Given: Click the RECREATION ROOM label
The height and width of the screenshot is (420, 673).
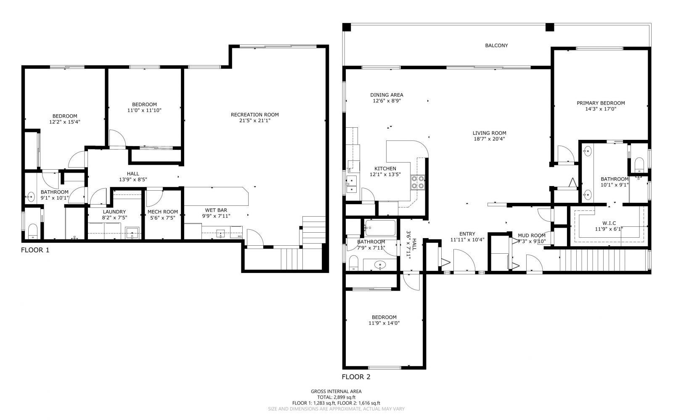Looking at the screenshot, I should click(x=254, y=115).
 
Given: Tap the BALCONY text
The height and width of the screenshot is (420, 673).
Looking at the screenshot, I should click(x=496, y=45).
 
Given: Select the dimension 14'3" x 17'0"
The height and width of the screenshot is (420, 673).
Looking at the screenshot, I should click(x=601, y=109).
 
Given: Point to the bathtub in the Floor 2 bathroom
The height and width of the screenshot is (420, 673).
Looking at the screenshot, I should click(x=380, y=228).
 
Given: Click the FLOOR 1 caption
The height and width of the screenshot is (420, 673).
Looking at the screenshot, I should click(x=35, y=250).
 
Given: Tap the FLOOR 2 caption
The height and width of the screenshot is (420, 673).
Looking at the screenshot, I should click(x=356, y=377).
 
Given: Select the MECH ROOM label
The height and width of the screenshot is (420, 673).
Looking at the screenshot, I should click(x=162, y=212).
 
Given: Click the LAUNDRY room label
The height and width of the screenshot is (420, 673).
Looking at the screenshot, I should click(x=114, y=212).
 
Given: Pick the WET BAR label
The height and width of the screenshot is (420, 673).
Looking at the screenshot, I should click(x=216, y=210).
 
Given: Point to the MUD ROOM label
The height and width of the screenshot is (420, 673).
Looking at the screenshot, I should click(x=532, y=235).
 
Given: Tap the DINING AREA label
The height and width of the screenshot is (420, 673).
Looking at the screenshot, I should click(x=387, y=95).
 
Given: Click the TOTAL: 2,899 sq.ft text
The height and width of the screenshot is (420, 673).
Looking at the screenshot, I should click(x=336, y=397).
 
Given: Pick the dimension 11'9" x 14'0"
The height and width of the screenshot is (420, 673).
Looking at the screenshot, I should click(x=384, y=323).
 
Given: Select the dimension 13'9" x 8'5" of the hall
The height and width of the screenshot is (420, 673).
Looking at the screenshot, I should click(x=133, y=179).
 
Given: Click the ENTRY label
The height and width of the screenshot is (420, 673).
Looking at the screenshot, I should click(x=467, y=234).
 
